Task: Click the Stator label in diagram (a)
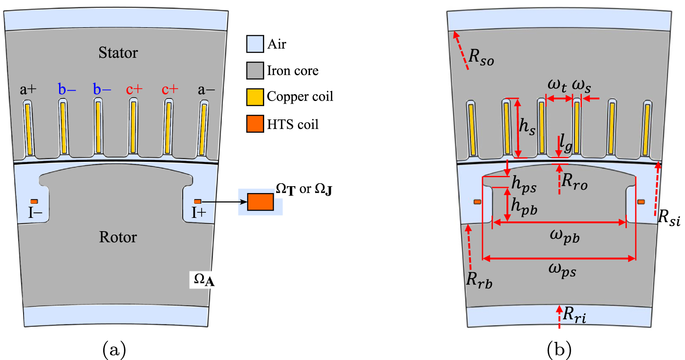point(118,53)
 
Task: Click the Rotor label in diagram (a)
point(118,237)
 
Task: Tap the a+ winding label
point(28,89)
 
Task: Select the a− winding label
point(206,89)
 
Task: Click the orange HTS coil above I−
point(34,201)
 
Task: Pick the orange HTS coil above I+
point(197,201)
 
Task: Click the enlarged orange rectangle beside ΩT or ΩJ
point(260,202)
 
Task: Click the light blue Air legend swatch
point(255,44)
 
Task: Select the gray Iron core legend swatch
point(255,71)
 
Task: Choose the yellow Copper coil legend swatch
point(255,97)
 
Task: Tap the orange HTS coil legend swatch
point(255,124)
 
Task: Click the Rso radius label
point(481,57)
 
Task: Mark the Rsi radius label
point(669,217)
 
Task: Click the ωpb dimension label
point(564,236)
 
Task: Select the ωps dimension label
point(562,270)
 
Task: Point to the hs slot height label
point(527,127)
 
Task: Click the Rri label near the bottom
point(574,315)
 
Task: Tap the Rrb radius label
point(479,280)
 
